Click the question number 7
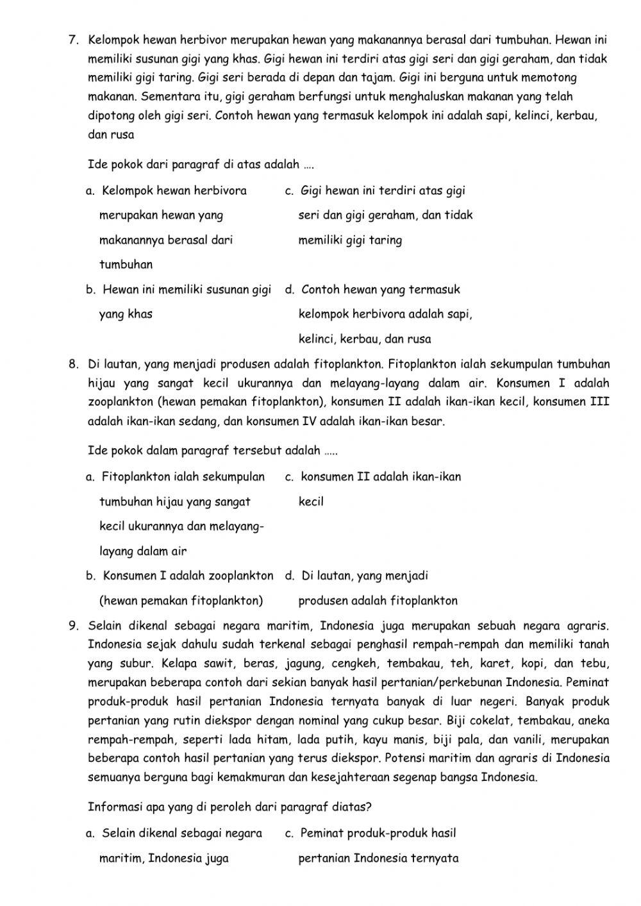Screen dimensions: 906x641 pos(72,40)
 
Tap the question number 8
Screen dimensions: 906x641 pos(72,365)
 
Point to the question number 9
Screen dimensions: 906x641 pos(72,625)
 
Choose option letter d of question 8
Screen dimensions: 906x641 pos(289,576)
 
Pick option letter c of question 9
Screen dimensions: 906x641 pos(288,834)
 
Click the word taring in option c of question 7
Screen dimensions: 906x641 pos(386,241)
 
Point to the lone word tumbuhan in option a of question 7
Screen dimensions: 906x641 pos(126,265)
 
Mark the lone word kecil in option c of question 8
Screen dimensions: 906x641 pos(311,502)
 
